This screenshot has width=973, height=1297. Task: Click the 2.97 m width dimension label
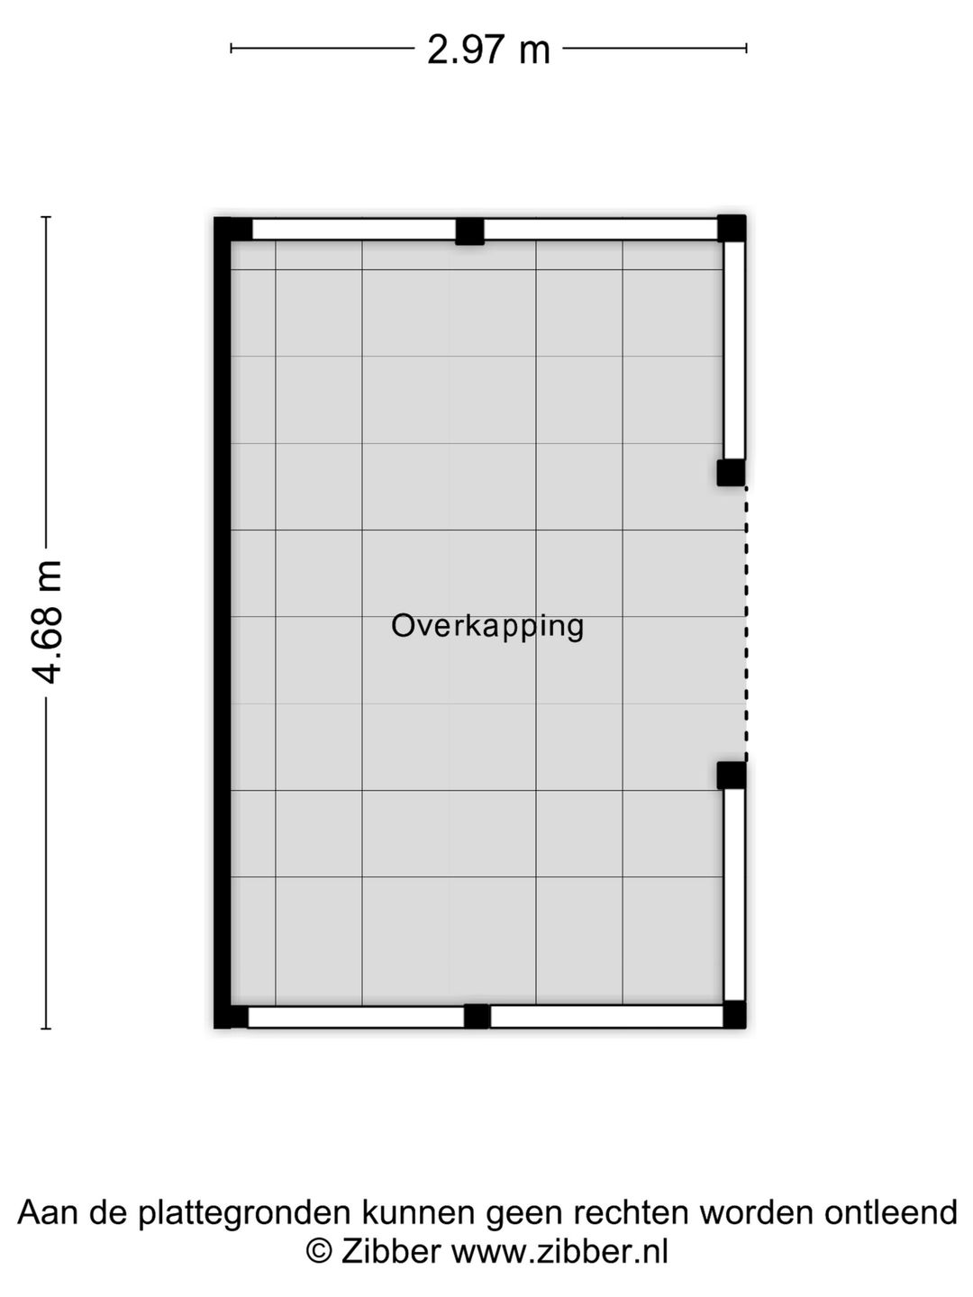488,49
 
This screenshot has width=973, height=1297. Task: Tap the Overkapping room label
487,625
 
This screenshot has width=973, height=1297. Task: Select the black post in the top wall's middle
469,231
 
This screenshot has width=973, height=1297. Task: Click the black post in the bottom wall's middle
477,1016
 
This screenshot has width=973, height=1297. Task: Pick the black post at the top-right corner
732,228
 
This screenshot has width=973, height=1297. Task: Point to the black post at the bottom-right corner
734,1015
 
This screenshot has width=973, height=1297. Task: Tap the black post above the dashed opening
731,472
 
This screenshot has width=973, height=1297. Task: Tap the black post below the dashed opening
731,775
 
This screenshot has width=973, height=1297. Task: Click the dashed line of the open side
746,623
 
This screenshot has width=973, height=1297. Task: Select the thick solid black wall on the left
223,621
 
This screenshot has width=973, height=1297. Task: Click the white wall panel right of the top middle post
600,230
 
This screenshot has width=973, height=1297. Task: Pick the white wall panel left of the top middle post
353,230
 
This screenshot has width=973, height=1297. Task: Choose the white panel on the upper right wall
734,350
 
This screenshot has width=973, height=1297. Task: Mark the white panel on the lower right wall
734,893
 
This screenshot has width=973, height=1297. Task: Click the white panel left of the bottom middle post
355,1017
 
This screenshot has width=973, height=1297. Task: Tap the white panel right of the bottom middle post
606,1017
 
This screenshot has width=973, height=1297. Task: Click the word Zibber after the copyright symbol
391,1251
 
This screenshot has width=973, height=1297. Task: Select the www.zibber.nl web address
559,1251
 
